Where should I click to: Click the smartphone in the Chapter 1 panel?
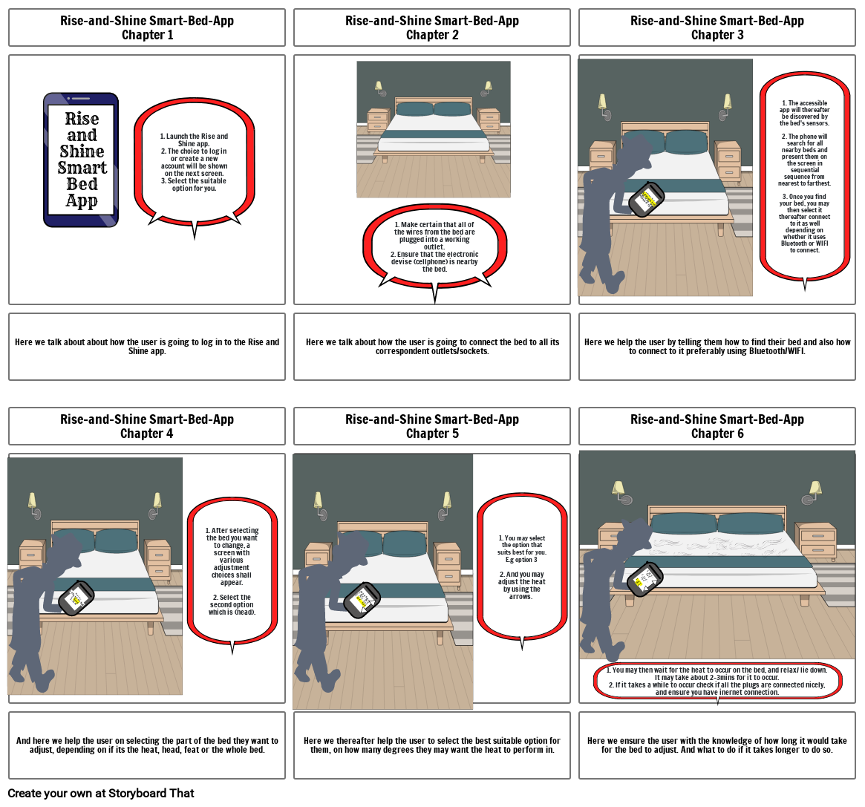tap(81, 159)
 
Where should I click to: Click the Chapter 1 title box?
tap(147, 27)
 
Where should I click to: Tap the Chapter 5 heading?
tap(432, 426)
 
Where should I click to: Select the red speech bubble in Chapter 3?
tap(805, 177)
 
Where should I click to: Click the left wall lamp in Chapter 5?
tap(319, 502)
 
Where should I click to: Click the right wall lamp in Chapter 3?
tap(726, 104)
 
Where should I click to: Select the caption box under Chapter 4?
tap(147, 745)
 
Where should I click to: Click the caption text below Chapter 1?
tap(147, 347)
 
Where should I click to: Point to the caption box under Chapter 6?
tap(717, 745)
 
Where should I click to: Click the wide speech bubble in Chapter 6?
tap(717, 681)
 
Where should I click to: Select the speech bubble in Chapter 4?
tap(232, 569)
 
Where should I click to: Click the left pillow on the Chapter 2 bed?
tap(414, 109)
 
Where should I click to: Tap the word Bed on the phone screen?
tap(82, 184)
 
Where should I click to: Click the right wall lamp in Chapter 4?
tap(156, 503)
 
